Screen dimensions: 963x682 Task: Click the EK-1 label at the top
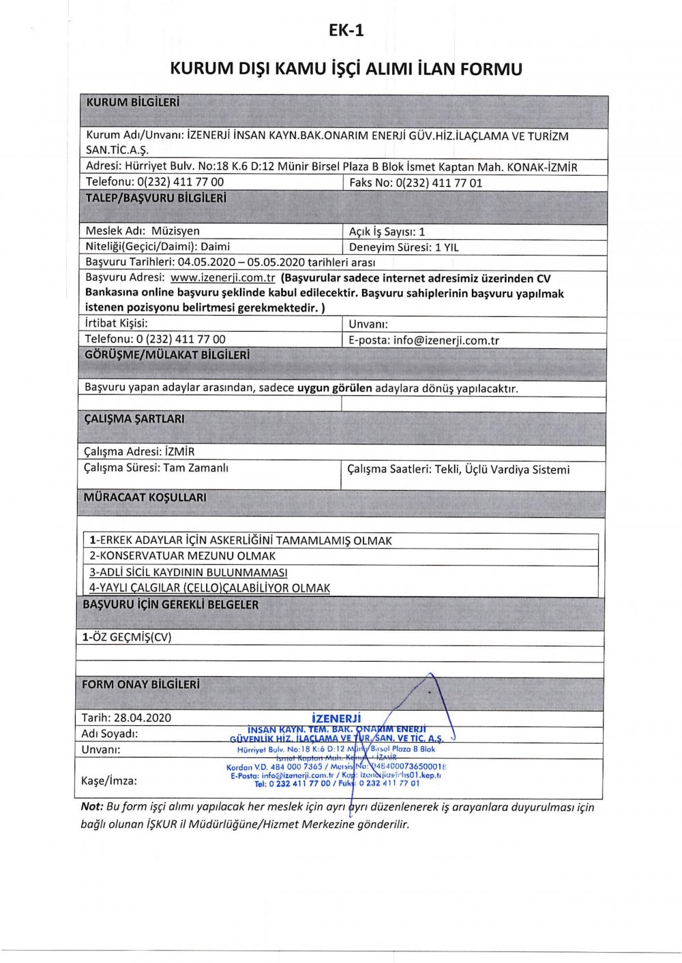tap(346, 30)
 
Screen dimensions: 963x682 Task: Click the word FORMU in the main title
tap(492, 69)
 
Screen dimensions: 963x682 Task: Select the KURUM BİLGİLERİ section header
tap(132, 103)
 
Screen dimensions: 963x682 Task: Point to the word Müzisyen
tap(175, 231)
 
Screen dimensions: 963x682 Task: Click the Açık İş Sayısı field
tap(387, 232)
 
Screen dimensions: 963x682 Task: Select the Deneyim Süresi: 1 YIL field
tap(404, 247)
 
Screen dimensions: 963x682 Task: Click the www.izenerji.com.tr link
tap(222, 278)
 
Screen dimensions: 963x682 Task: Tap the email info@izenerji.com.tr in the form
tap(446, 340)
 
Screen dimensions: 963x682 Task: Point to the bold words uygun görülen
tap(335, 388)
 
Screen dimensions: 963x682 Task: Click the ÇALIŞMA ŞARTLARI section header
tap(134, 419)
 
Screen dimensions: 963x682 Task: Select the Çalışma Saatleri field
tap(458, 470)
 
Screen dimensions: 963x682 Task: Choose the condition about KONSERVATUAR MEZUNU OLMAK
tap(183, 556)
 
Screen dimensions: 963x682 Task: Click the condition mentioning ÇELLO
tap(210, 587)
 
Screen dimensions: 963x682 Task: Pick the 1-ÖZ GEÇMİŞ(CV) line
tap(127, 637)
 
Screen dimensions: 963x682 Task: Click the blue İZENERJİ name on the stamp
tap(336, 718)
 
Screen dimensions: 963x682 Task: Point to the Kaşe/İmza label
tap(109, 781)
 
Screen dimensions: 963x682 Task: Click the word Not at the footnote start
tap(91, 807)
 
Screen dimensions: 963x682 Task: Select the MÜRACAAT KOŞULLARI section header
tap(145, 498)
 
